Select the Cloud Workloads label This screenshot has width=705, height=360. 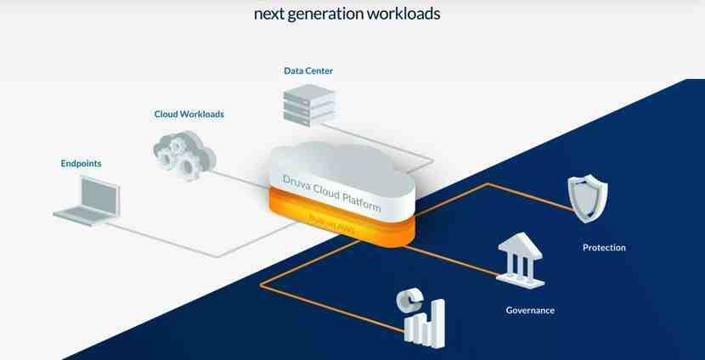click(x=189, y=114)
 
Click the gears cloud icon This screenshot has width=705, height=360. click(x=185, y=153)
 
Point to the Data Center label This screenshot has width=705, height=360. click(x=308, y=70)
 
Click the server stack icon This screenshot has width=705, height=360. click(x=307, y=106)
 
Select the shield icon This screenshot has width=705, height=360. click(x=587, y=198)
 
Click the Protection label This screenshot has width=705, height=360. click(x=604, y=248)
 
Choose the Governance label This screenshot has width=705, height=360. click(x=530, y=310)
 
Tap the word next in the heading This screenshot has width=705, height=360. click(x=268, y=14)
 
